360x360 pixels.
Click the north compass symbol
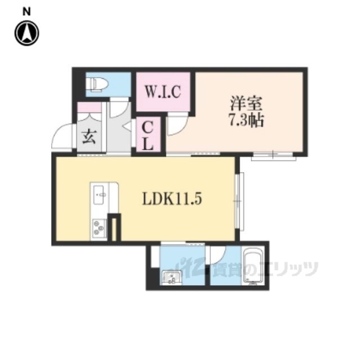[x=27, y=33]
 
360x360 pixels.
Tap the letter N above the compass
[x=26, y=11]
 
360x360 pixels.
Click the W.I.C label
[x=163, y=91]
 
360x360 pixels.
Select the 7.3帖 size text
[x=246, y=120]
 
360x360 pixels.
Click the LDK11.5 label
[x=172, y=199]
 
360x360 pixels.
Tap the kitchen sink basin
[x=100, y=195]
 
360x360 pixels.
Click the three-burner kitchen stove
[x=100, y=227]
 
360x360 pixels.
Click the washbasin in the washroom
[x=172, y=277]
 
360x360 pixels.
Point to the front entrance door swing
[x=62, y=137]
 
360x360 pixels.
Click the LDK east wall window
[x=240, y=201]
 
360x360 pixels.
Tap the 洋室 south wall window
[x=273, y=157]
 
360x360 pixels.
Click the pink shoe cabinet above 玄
[x=89, y=107]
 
